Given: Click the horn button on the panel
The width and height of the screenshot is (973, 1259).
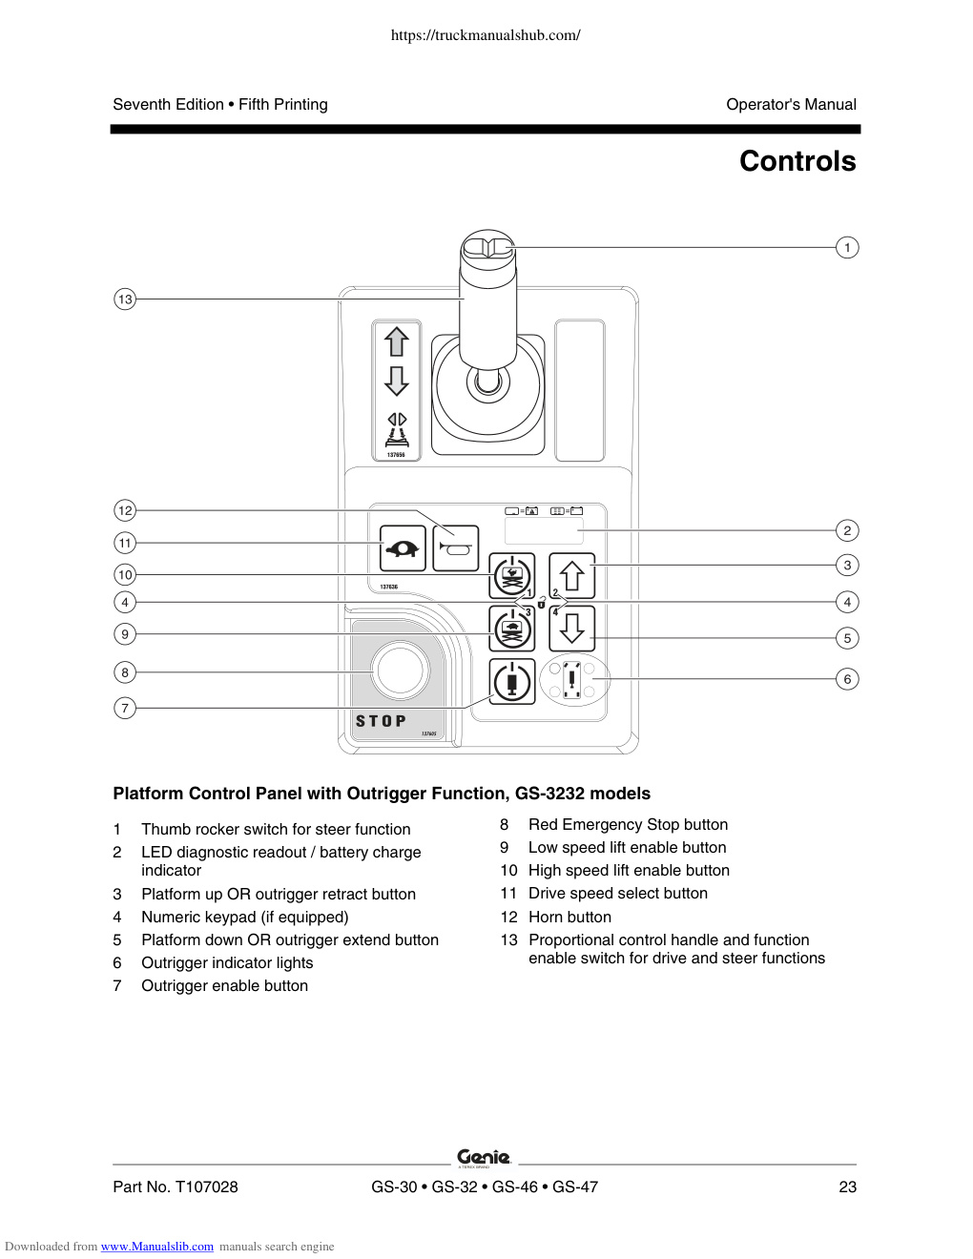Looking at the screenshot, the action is pos(455,548).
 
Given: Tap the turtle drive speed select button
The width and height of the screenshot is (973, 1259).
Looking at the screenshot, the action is pos(403,548).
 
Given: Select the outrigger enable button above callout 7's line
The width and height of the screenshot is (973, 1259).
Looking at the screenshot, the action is pos(511,681).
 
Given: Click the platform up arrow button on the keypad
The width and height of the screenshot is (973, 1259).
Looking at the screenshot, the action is pos(572,575).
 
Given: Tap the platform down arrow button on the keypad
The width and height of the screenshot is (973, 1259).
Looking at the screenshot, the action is pos(572,628).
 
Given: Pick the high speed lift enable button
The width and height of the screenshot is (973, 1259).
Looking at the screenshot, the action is pos(511,575).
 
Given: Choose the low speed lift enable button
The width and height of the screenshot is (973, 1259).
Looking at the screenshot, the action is pos(511,628).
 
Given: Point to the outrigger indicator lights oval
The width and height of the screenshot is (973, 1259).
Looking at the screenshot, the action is pos(574,679).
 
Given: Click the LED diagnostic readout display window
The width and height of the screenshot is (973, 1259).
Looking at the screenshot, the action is pos(544,530).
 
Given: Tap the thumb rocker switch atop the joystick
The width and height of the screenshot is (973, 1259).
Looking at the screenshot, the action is pos(487,247).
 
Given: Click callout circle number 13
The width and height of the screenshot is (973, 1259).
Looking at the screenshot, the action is pos(125,299).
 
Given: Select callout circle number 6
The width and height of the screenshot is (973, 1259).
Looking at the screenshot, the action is pos(847,679).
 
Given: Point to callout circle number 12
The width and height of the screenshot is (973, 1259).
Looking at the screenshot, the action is pos(125,510).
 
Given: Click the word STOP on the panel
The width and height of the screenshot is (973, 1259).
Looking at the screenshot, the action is pos(381,721).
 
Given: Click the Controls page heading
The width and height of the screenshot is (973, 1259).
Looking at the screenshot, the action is pos(797,161).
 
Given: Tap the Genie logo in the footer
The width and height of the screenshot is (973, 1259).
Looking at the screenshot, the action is pos(484,1158).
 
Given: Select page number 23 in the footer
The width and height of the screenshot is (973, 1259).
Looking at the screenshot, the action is pos(847,1187).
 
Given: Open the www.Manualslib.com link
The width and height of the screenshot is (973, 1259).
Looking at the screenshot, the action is pos(157,1247).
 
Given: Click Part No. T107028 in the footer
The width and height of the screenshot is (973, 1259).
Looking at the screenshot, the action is pos(176,1187).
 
